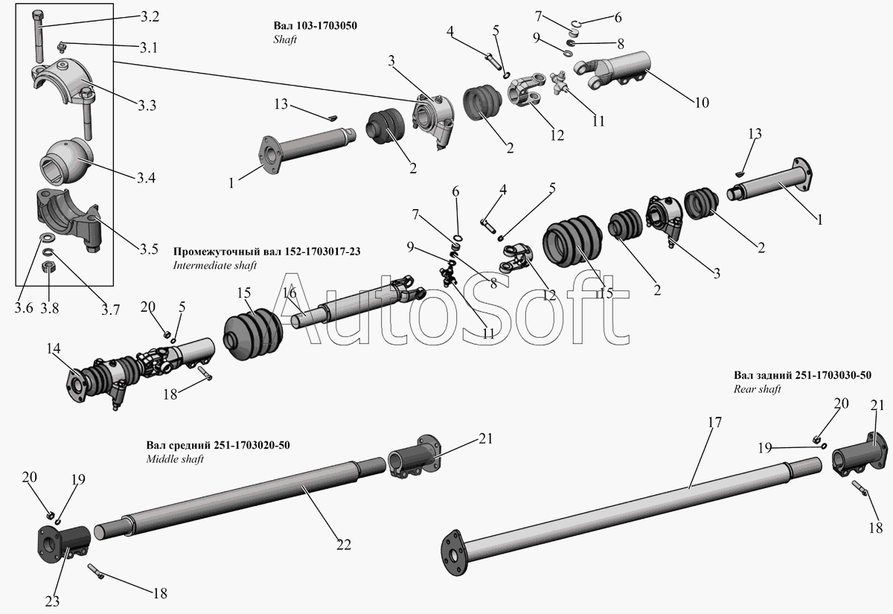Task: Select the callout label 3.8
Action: click(50, 307)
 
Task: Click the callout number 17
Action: click(714, 423)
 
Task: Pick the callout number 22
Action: click(343, 545)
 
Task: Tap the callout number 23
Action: click(54, 601)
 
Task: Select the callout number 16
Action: click(289, 292)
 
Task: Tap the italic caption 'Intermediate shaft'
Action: click(214, 265)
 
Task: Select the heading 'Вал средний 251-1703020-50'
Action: click(218, 445)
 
